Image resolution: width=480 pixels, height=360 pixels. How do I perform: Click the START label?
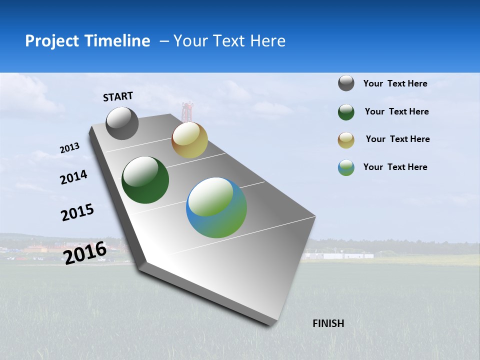click(x=118, y=96)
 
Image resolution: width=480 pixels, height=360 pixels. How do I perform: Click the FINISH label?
click(x=328, y=323)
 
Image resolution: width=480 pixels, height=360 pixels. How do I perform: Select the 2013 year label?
click(x=69, y=148)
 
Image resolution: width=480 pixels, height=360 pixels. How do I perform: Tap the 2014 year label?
click(x=73, y=177)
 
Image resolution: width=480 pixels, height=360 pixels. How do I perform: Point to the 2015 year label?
click(x=77, y=212)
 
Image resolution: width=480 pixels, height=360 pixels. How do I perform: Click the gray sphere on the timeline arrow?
click(x=122, y=123)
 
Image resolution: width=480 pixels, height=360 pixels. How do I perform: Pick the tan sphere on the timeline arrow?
click(x=189, y=140)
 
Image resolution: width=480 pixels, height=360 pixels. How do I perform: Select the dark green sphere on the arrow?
click(x=145, y=180)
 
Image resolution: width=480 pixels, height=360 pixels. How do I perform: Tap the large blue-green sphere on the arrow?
click(x=216, y=207)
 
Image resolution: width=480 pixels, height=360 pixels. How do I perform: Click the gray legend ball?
click(x=346, y=83)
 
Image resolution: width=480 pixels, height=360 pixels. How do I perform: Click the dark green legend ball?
click(x=346, y=112)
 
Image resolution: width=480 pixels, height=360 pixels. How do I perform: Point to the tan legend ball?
click(x=346, y=140)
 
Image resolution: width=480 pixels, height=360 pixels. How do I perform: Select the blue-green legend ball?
click(x=346, y=167)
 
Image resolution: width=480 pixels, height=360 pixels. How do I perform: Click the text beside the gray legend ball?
click(x=395, y=83)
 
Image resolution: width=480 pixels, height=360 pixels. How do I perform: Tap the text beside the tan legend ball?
click(x=397, y=139)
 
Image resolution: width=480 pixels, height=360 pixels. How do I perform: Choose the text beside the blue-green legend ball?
click(x=395, y=167)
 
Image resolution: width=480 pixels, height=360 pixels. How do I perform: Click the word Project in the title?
click(x=50, y=41)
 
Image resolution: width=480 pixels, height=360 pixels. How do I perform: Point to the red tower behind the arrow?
click(x=187, y=111)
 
